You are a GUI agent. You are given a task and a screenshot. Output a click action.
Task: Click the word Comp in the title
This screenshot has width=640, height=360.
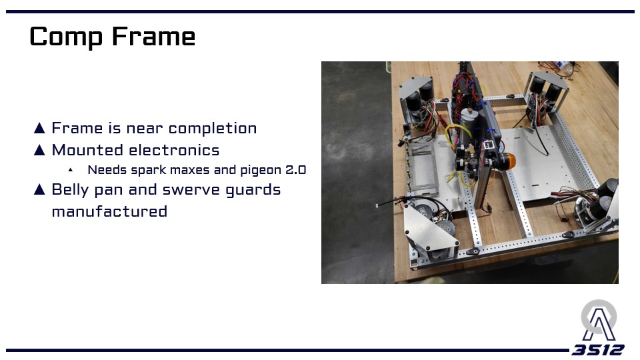pyautogui.click(x=66, y=37)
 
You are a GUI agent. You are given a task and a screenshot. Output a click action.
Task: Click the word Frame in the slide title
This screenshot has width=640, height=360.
pyautogui.click(x=153, y=37)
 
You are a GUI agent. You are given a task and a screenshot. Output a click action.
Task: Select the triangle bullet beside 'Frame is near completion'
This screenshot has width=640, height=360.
pyautogui.click(x=39, y=128)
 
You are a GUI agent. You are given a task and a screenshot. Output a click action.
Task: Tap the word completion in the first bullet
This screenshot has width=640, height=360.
pyautogui.click(x=213, y=129)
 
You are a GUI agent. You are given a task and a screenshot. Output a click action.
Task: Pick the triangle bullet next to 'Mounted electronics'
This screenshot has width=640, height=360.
pyautogui.click(x=39, y=150)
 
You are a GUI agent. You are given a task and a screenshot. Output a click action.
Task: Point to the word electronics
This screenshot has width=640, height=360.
pyautogui.click(x=174, y=150)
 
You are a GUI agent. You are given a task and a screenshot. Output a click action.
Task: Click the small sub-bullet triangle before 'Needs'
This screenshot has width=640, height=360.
pyautogui.click(x=71, y=169)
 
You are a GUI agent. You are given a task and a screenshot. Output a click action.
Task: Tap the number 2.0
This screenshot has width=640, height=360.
pyautogui.click(x=295, y=170)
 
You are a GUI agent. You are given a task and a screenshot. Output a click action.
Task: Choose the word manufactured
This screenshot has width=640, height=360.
pyautogui.click(x=109, y=211)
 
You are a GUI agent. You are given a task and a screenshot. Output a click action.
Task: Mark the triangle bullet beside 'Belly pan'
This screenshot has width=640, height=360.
pyautogui.click(x=39, y=189)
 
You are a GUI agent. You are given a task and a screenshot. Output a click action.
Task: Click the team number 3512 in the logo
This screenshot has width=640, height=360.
pyautogui.click(x=597, y=350)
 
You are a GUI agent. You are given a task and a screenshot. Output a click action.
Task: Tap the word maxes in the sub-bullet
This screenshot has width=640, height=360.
pyautogui.click(x=189, y=170)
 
